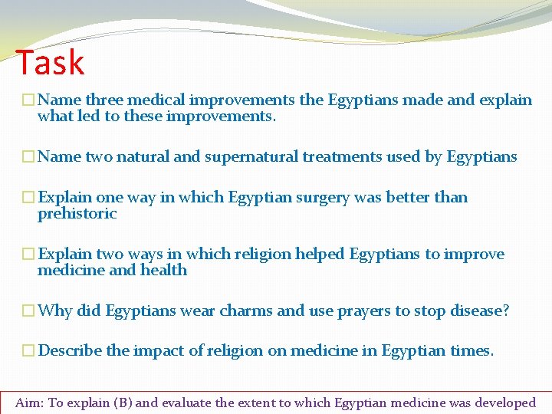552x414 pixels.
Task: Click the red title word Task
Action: pyautogui.click(x=50, y=62)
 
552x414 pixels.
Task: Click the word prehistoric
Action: pyautogui.click(x=77, y=214)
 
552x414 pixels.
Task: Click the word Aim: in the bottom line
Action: pyautogui.click(x=30, y=402)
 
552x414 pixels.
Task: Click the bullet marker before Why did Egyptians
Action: pyautogui.click(x=28, y=311)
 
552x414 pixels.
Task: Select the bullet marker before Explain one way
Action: pyautogui.click(x=28, y=198)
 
